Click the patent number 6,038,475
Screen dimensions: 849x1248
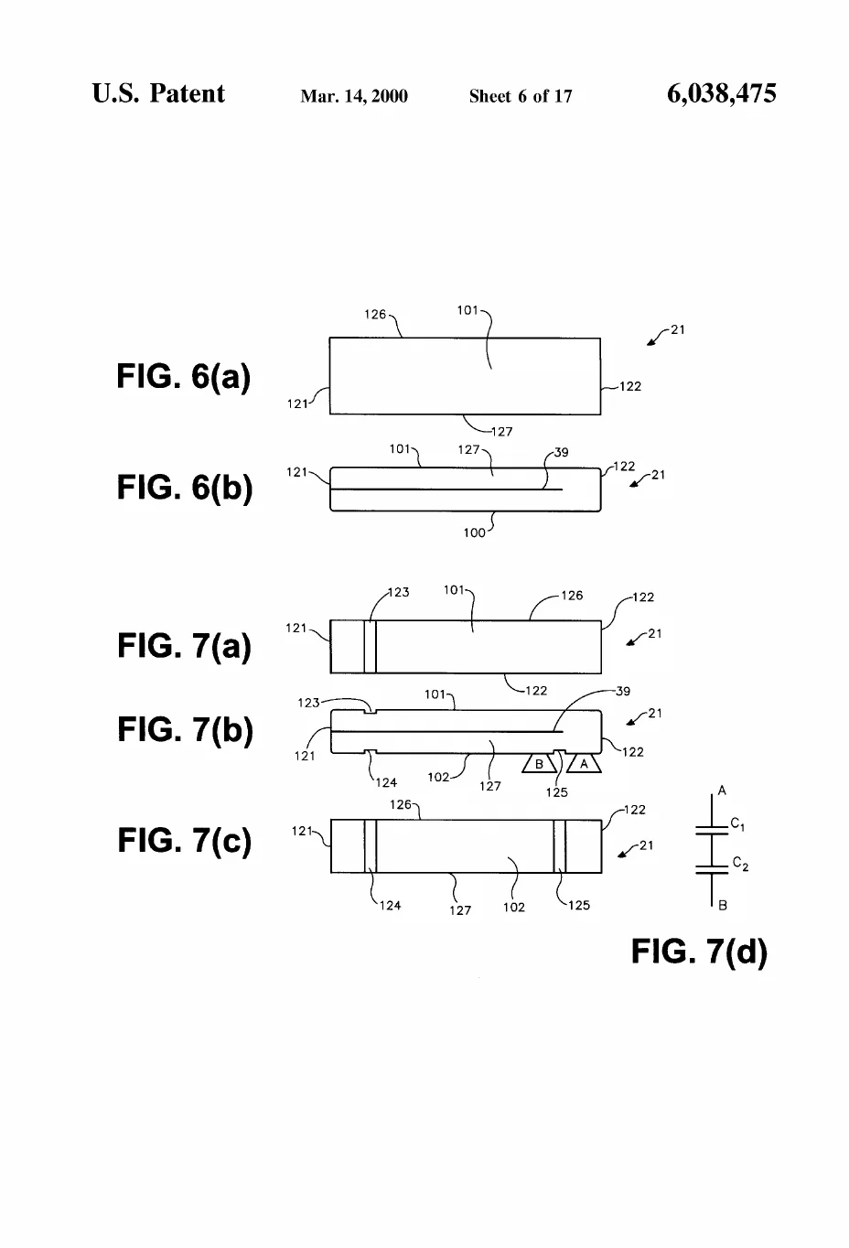(x=722, y=93)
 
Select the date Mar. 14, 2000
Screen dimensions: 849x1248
(x=354, y=96)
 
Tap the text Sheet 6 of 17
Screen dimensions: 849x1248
(x=521, y=96)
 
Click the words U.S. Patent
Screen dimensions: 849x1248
(x=158, y=93)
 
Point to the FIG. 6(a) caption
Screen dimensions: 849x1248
(x=183, y=377)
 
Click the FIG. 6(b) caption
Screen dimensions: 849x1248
(x=185, y=488)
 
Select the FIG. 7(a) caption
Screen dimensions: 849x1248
(x=184, y=646)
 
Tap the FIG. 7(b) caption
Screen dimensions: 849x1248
(x=185, y=730)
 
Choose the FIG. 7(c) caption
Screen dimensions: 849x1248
(x=185, y=840)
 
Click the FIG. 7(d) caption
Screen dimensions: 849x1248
(x=699, y=951)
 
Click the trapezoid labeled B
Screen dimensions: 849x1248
(x=539, y=763)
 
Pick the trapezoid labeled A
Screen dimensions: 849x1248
(x=584, y=763)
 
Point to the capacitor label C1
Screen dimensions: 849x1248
(x=737, y=824)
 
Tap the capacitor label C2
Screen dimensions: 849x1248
(x=740, y=864)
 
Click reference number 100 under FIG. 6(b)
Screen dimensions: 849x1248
(x=474, y=533)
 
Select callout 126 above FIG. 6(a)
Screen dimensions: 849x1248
(x=375, y=314)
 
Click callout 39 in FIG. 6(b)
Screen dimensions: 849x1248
(x=561, y=452)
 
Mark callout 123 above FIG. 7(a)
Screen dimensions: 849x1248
(x=398, y=592)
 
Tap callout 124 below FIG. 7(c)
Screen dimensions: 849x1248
(x=390, y=906)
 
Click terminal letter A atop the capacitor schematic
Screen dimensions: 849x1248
(x=722, y=790)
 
